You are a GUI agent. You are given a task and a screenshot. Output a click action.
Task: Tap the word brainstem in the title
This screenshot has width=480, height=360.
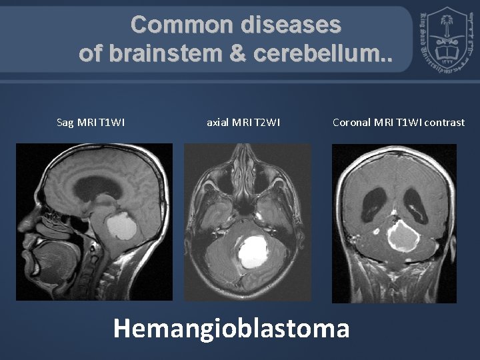[180, 53]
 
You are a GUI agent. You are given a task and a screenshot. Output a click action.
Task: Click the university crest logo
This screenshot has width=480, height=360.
[444, 41]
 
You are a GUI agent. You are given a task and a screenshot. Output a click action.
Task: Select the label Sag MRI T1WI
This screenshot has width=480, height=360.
[91, 122]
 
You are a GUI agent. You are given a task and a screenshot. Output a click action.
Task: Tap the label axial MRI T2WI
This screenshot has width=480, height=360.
[243, 122]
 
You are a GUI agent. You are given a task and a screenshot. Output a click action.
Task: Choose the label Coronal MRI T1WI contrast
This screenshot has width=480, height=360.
[398, 122]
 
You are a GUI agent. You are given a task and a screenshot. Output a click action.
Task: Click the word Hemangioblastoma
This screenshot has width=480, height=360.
[231, 327]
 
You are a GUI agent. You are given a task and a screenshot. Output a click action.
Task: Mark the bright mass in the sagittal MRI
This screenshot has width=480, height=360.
[121, 227]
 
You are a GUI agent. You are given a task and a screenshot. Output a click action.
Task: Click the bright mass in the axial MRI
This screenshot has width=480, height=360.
[251, 251]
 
